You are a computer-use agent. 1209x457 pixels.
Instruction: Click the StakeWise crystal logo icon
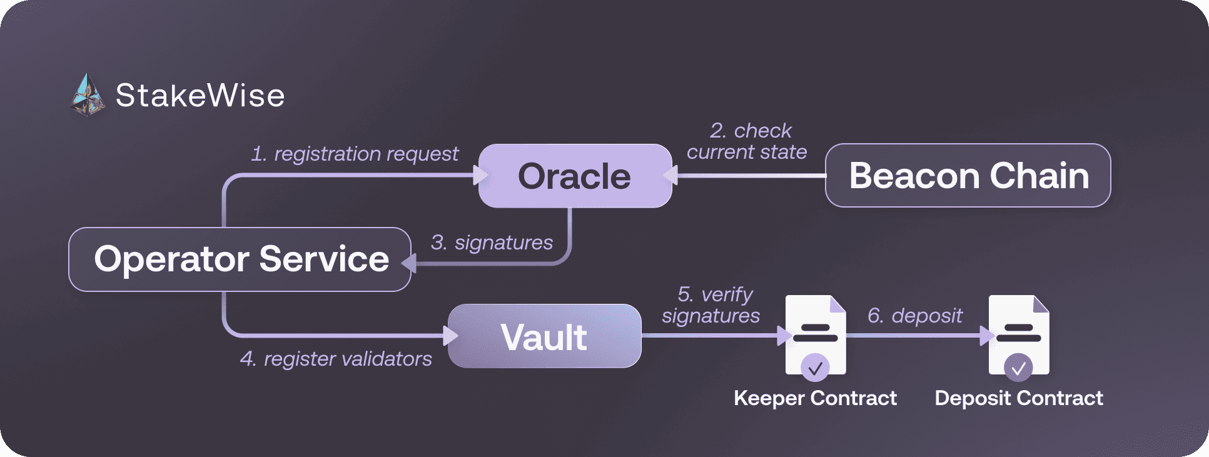pos(88,96)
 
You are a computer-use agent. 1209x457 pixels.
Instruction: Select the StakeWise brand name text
pos(200,96)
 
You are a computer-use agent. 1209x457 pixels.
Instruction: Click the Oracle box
pos(575,176)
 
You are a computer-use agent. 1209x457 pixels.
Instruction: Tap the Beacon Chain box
pos(968,176)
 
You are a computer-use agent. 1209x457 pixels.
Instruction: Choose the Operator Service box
pos(240,259)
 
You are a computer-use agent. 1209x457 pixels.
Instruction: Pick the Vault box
pos(544,336)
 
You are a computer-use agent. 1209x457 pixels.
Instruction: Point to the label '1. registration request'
pos(355,154)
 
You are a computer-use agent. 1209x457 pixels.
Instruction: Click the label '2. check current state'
pos(747,141)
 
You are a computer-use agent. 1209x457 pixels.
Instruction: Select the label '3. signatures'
pos(492,243)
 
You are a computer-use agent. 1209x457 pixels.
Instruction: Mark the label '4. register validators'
pos(336,359)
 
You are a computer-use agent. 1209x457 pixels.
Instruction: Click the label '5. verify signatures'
pos(712,305)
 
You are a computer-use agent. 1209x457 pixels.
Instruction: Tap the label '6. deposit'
pos(915,316)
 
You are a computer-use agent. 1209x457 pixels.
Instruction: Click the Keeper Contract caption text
pos(815,398)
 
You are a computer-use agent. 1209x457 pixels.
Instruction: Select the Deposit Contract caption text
pos(1019,398)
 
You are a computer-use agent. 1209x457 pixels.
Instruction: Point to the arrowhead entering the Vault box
pos(450,336)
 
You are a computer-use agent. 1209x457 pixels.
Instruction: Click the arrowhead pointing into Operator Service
pos(408,263)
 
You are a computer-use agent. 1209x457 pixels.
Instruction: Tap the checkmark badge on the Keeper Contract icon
pos(815,368)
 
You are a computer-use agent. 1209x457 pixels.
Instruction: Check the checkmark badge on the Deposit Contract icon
pos(1018,368)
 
